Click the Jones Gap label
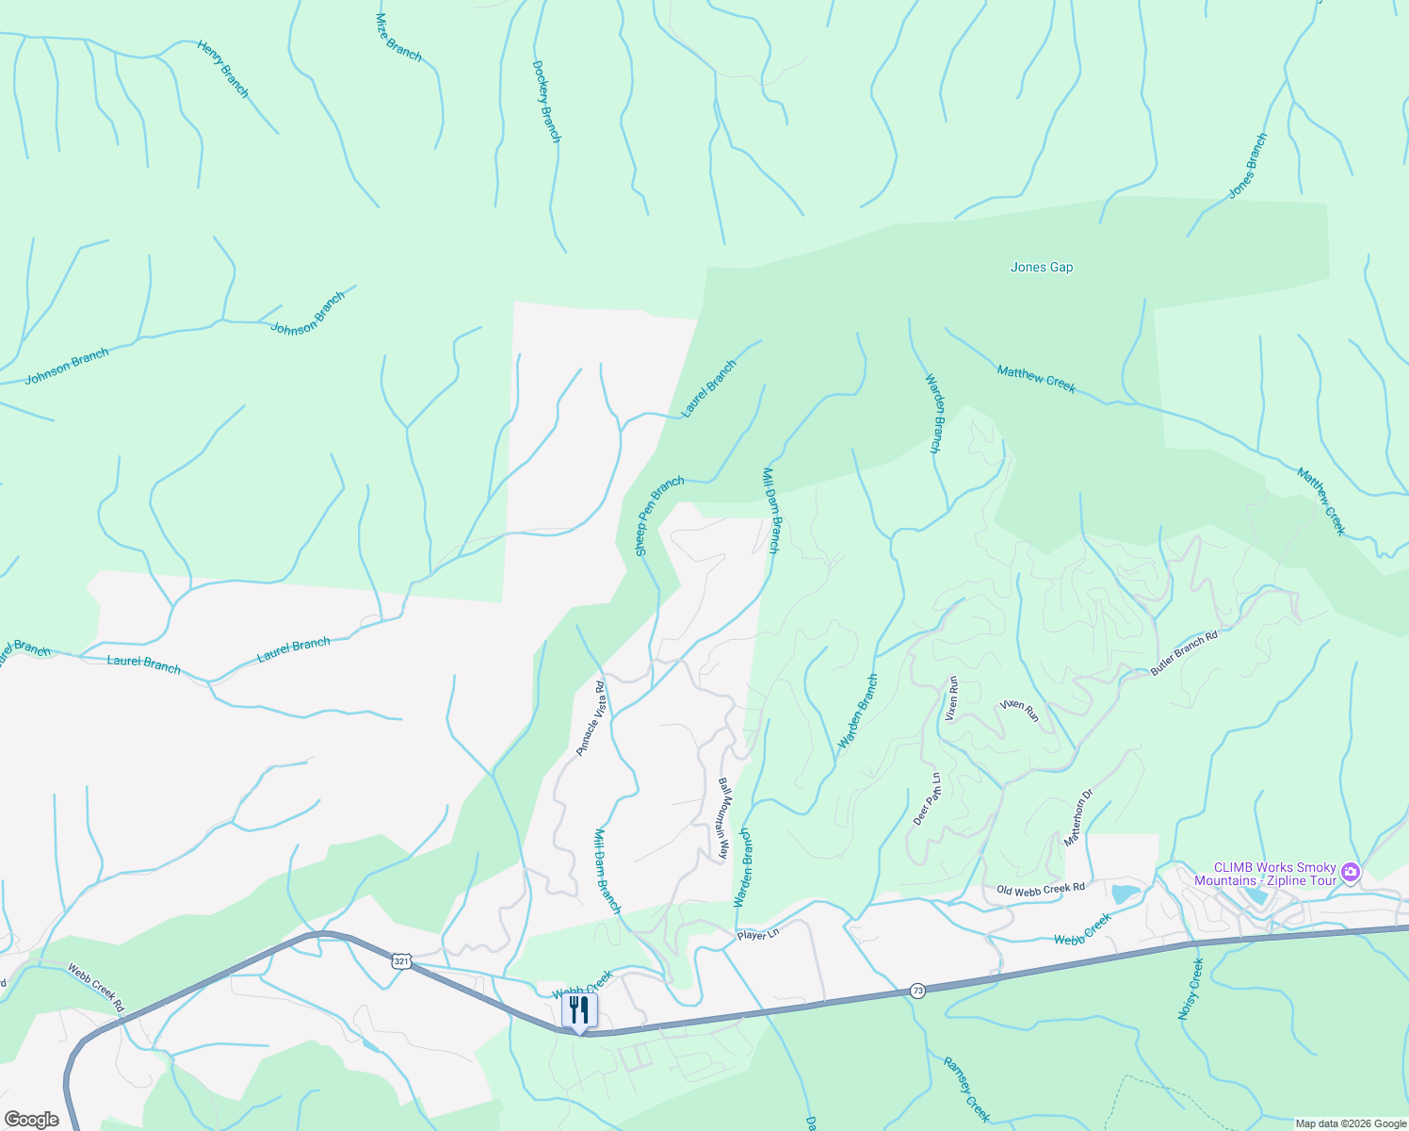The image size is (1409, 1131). (1042, 268)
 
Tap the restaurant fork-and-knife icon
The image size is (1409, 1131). (579, 1010)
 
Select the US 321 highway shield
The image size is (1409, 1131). (402, 960)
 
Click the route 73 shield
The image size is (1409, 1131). (917, 991)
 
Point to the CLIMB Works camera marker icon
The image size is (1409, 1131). (1352, 872)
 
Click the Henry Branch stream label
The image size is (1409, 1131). (223, 69)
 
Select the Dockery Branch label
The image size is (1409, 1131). (546, 102)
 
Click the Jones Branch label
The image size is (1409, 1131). (1248, 166)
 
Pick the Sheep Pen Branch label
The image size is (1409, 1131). (659, 516)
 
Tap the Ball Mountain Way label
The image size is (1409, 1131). (724, 818)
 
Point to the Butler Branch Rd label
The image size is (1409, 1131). (1184, 653)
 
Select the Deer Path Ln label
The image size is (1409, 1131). (927, 799)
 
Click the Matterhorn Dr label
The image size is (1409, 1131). (1078, 817)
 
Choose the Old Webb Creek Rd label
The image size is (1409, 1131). (1041, 889)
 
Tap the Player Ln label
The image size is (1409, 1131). (758, 935)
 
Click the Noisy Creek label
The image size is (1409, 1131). (1190, 989)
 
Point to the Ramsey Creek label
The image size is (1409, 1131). (966, 1089)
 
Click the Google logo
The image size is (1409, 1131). (32, 1120)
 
